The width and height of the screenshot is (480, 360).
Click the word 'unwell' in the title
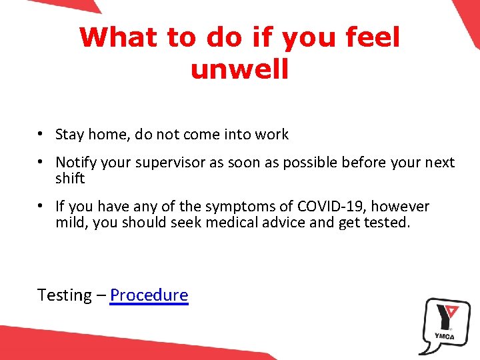[239, 69]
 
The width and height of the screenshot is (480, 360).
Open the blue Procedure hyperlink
[149, 295]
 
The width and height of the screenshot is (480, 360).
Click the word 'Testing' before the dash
[65, 295]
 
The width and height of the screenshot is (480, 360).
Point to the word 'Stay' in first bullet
[69, 135]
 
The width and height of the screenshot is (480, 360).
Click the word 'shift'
[70, 179]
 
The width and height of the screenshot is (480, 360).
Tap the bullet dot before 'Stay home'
[41, 134]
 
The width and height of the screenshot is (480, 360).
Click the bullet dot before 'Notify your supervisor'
[41, 162]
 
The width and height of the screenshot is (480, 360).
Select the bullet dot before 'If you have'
[41, 206]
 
